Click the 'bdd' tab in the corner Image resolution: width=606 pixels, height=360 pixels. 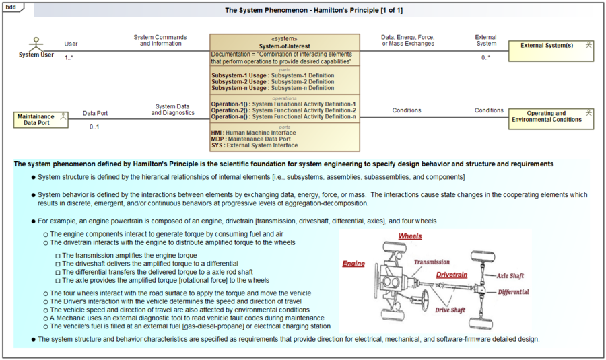(x=11, y=6)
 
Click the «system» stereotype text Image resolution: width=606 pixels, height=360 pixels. (x=284, y=39)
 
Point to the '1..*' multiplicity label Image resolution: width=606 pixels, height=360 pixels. (x=69, y=58)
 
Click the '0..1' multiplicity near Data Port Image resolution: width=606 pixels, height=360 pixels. (x=95, y=127)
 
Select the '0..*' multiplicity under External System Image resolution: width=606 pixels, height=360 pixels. (x=485, y=58)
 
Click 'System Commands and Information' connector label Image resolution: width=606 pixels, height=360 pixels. (x=160, y=40)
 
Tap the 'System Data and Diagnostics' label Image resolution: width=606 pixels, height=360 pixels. (x=173, y=110)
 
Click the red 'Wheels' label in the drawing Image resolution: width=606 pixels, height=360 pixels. (x=410, y=237)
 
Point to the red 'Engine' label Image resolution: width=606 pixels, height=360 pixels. (x=353, y=264)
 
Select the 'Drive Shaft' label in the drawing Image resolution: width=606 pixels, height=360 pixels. (x=450, y=310)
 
